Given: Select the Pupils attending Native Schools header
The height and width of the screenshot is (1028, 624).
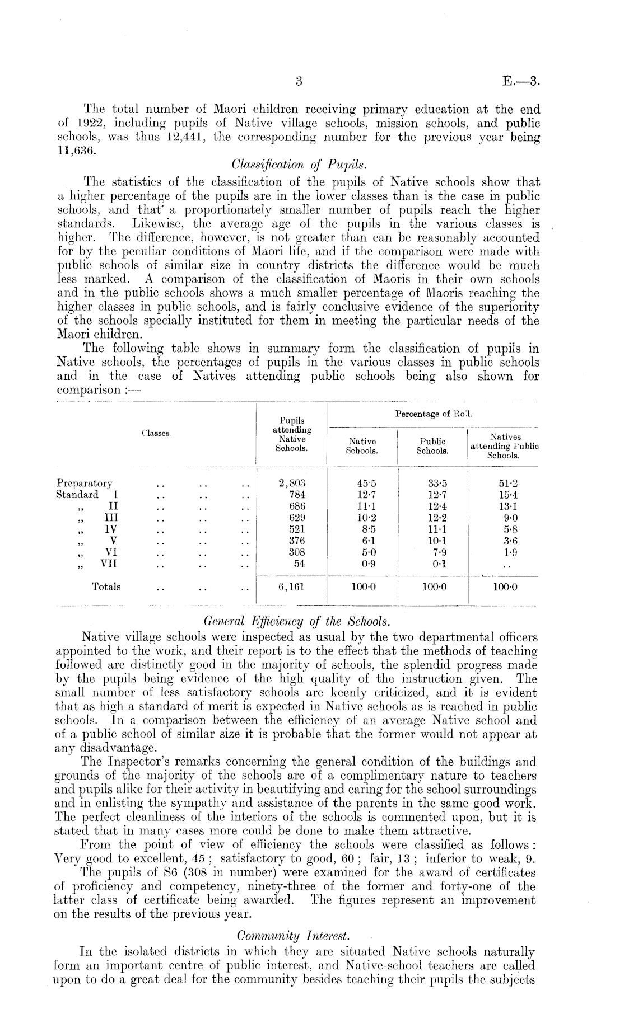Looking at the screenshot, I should [291, 434].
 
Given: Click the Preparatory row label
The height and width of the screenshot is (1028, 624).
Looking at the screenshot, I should [85, 484].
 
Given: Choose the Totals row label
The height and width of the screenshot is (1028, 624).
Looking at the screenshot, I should [106, 587].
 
